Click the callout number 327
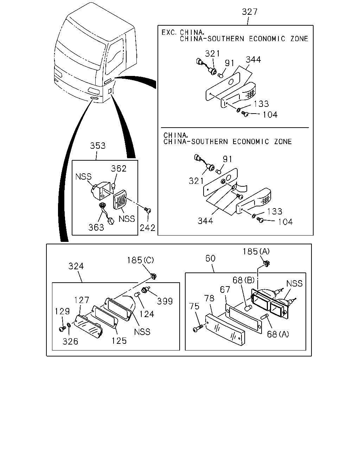pyautogui.click(x=249, y=12)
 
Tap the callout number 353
pyautogui.click(x=97, y=146)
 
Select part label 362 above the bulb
pyautogui.click(x=118, y=168)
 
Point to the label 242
pyautogui.click(x=147, y=228)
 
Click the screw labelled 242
pyautogui.click(x=148, y=210)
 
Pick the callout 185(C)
pyautogui.click(x=140, y=261)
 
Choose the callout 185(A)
pyautogui.click(x=256, y=251)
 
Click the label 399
pyautogui.click(x=165, y=301)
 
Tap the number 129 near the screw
pyautogui.click(x=62, y=311)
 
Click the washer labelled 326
pyautogui.click(x=69, y=325)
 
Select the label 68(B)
pyautogui.click(x=244, y=280)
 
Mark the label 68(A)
pyautogui.click(x=278, y=334)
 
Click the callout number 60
pyautogui.click(x=210, y=258)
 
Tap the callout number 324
pyautogui.click(x=76, y=266)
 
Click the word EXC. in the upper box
pyautogui.click(x=169, y=32)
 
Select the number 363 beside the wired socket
pyautogui.click(x=96, y=227)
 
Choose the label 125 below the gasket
pyautogui.click(x=119, y=341)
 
